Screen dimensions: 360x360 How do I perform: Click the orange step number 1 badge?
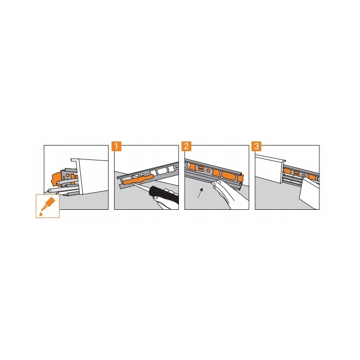pos(116,146)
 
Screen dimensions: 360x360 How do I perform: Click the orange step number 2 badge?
pos(186,146)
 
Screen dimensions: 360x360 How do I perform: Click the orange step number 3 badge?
pos(257,146)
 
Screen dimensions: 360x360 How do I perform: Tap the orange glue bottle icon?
pos(48,203)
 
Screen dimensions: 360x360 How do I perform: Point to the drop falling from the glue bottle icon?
pos(41,214)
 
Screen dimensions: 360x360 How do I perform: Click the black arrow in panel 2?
pos(200,193)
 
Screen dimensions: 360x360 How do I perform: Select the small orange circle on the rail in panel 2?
pos(208,171)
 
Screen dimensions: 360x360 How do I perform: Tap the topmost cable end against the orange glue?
pos(59,182)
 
